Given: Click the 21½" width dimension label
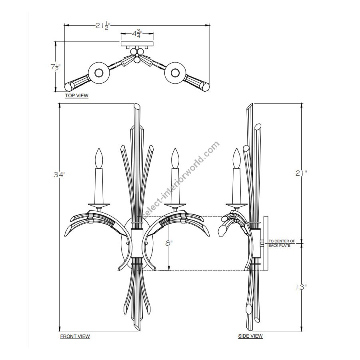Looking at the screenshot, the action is (103, 25).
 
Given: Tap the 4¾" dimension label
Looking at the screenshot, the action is (137, 34).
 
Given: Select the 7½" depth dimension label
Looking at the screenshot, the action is (55, 67).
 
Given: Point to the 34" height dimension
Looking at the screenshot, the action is (60, 175).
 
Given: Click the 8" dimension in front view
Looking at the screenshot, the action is (169, 243).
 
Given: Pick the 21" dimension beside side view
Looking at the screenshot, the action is (301, 173).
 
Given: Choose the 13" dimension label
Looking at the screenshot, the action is (301, 287).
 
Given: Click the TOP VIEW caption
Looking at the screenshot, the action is (77, 96).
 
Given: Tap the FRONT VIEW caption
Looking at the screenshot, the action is (75, 336).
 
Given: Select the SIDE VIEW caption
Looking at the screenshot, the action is (250, 336).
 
